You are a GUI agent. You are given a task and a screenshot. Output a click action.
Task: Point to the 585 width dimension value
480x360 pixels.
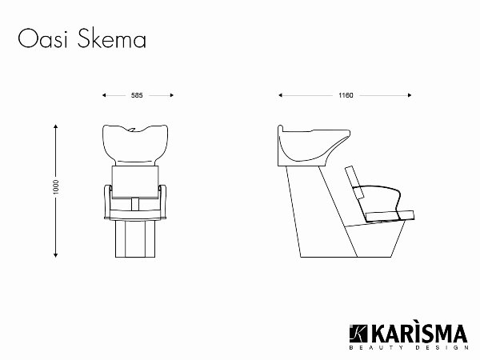pos(138,94)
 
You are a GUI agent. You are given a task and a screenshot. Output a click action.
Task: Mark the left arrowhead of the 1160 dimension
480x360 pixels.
pos(280,94)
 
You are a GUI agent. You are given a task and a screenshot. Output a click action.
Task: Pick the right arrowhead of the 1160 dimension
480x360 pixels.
pos(411,94)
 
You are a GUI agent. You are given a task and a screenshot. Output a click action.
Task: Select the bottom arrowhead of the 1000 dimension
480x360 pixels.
pos(56,257)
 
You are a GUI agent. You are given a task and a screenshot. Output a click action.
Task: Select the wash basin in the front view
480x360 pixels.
pos(137,144)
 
